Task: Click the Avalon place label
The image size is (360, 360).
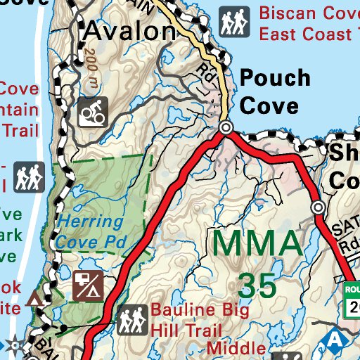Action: [x=129, y=30]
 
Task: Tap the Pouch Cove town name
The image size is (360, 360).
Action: [x=275, y=91]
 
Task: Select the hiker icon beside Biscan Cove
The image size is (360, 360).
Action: [x=233, y=22]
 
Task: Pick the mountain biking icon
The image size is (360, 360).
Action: [x=92, y=112]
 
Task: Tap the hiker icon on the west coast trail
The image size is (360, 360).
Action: [x=29, y=176]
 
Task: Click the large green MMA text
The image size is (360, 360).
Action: [x=257, y=243]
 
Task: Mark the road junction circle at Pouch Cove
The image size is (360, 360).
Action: [x=226, y=128]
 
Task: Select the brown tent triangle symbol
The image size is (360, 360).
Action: [x=33, y=300]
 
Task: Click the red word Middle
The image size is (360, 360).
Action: [x=232, y=347]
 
